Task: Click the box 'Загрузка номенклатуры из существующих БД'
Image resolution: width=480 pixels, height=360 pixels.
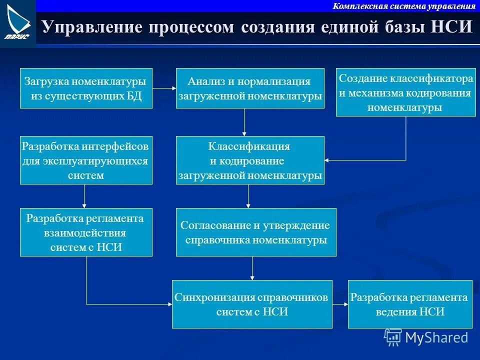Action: (x=86, y=88)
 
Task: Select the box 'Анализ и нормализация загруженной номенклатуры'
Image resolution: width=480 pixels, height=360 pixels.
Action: (x=250, y=88)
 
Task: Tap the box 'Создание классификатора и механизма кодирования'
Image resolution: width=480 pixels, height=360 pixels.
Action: (x=405, y=92)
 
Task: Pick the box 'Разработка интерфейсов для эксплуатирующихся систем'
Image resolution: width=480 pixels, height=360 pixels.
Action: (x=86, y=160)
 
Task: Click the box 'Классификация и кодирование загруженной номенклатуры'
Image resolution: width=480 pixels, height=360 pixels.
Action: (x=250, y=160)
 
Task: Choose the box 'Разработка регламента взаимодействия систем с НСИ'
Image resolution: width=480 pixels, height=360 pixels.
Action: (x=86, y=232)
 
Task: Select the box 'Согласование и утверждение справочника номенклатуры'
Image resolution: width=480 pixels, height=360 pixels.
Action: (x=256, y=232)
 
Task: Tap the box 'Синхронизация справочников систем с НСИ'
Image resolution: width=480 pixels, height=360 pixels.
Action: (x=252, y=304)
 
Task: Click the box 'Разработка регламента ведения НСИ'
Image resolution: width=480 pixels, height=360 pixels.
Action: (x=410, y=304)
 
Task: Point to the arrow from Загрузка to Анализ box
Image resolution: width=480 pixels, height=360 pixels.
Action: (x=164, y=88)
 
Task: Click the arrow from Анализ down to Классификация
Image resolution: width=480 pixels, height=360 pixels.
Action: (x=244, y=122)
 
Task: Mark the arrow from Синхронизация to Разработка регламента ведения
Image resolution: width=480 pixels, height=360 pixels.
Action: (x=340, y=304)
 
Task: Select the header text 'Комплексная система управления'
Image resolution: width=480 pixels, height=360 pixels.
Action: (x=404, y=6)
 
